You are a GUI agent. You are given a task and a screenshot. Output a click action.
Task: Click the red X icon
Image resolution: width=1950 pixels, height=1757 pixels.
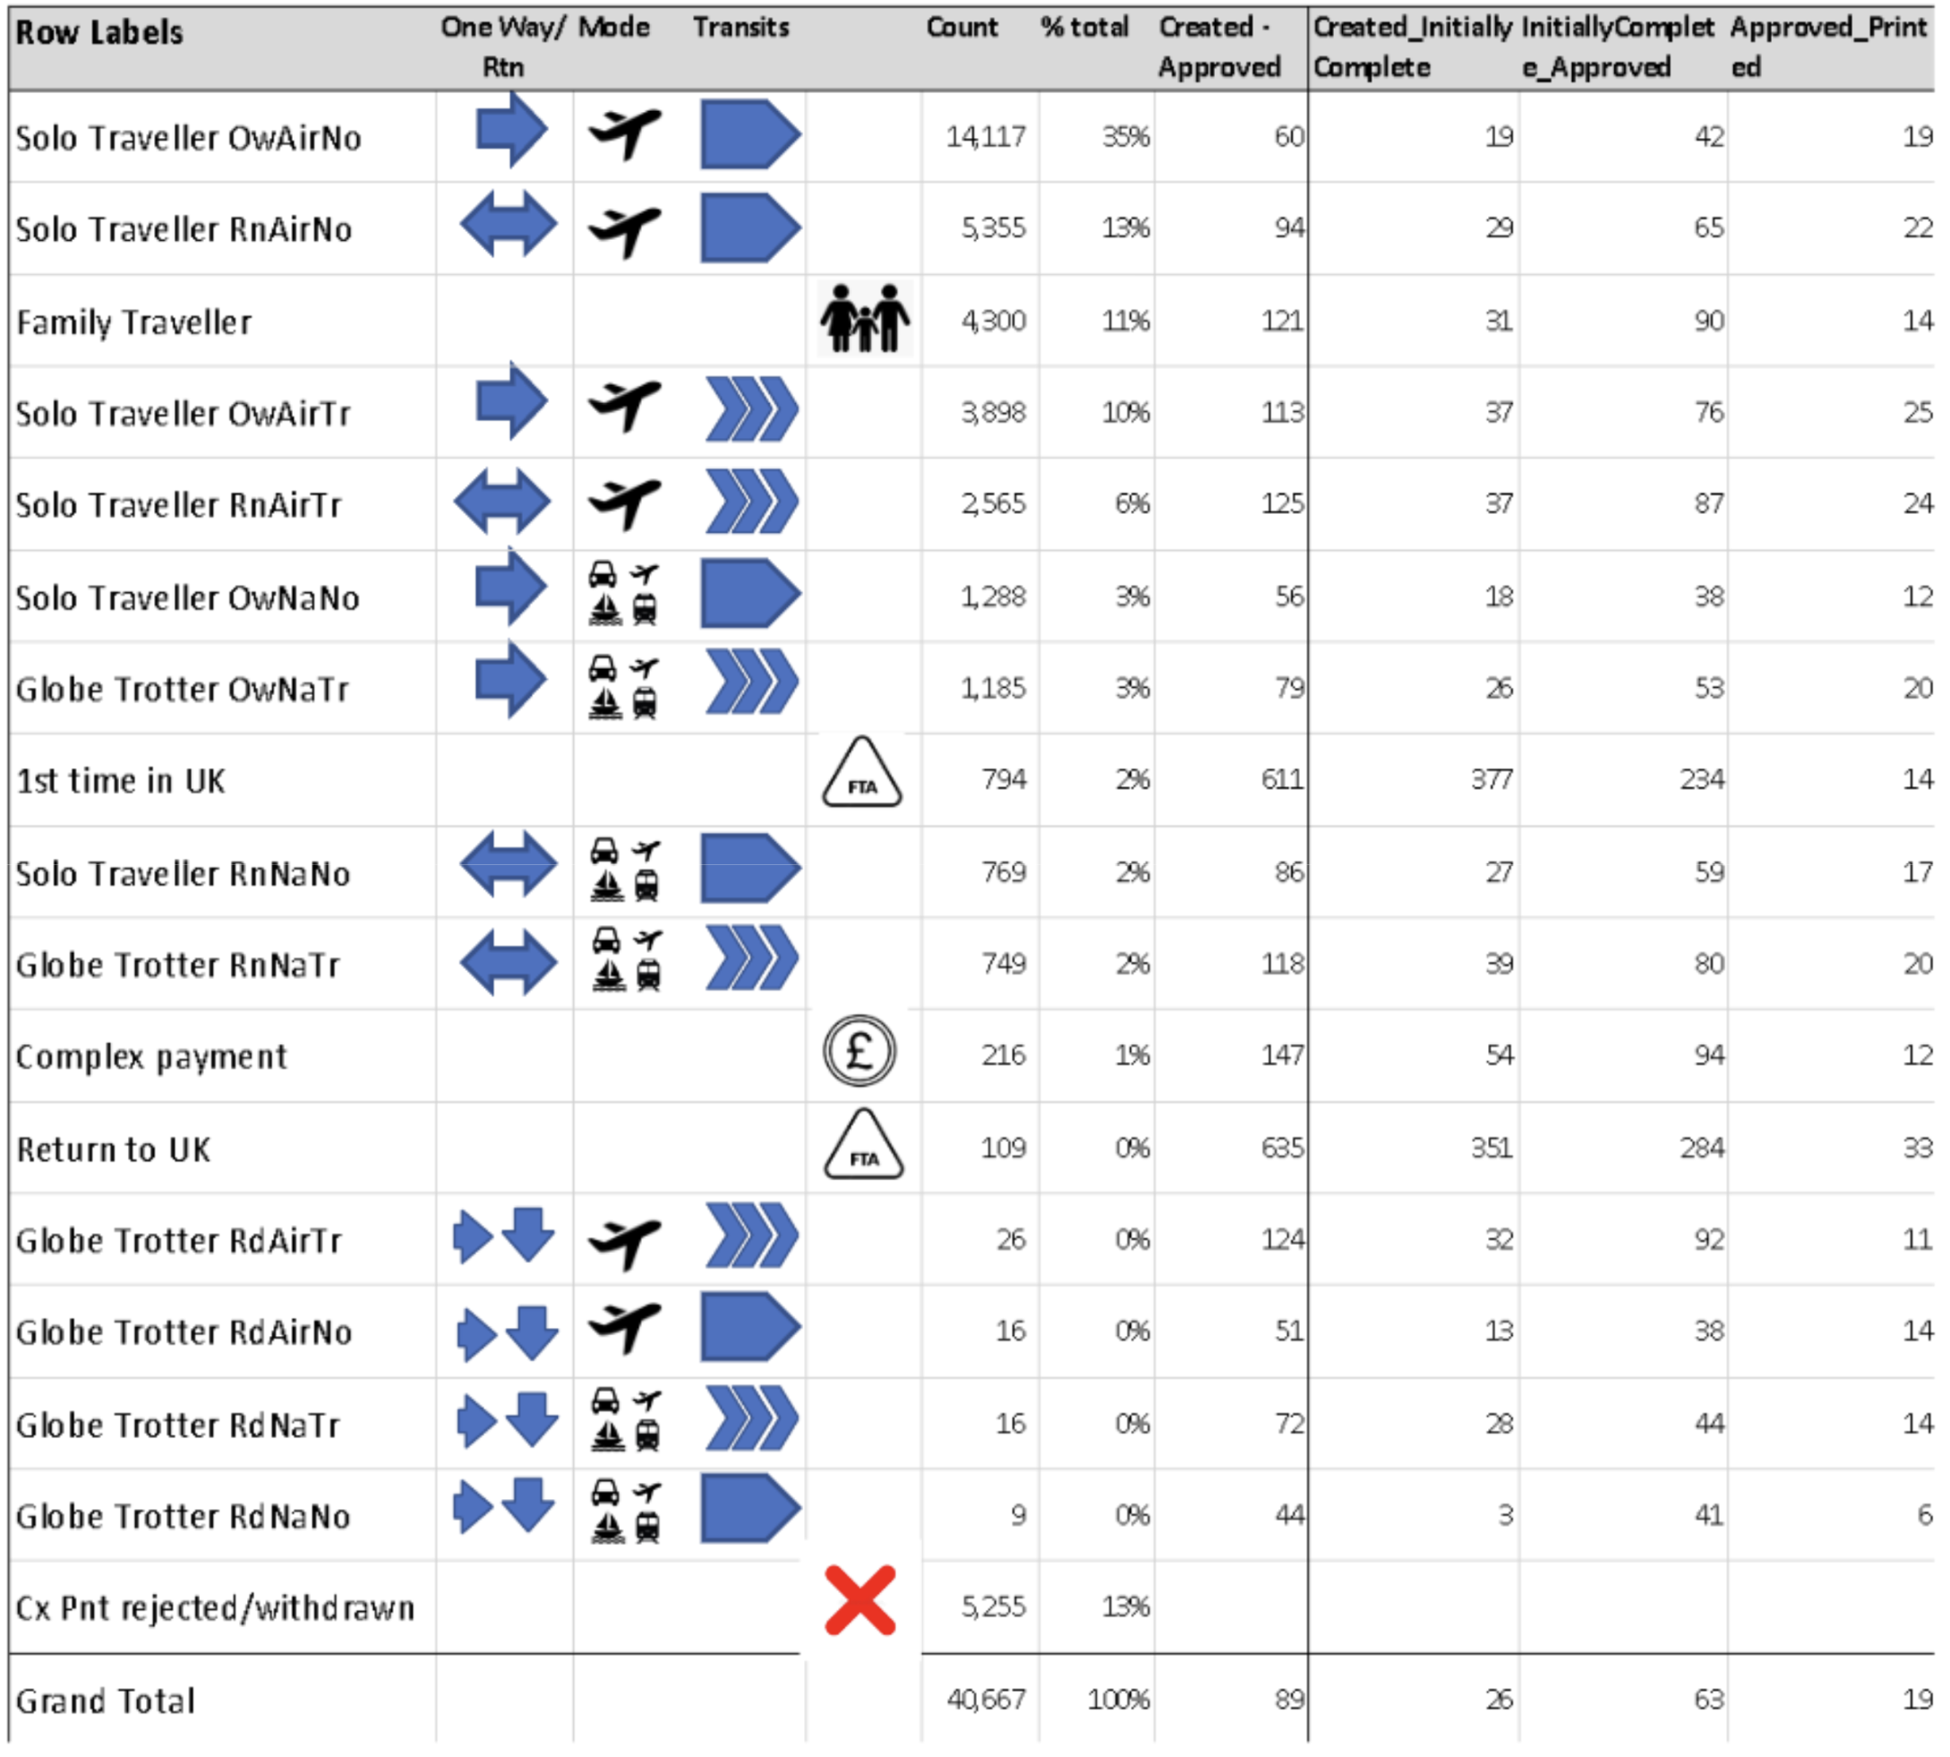860,1601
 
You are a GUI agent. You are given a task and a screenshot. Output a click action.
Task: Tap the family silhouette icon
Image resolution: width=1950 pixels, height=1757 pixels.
864,319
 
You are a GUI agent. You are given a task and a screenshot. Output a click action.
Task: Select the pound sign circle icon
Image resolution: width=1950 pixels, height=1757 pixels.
860,1051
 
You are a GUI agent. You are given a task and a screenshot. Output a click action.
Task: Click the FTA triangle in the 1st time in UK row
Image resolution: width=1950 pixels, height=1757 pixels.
861,776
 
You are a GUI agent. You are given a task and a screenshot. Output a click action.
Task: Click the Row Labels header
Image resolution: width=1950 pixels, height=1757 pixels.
98,33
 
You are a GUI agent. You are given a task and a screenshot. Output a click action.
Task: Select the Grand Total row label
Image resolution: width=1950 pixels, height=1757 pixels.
106,1700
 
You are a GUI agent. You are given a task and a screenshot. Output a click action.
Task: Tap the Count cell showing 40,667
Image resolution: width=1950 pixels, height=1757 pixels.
986,1699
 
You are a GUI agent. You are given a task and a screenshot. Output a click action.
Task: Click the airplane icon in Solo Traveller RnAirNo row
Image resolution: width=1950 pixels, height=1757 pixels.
625,230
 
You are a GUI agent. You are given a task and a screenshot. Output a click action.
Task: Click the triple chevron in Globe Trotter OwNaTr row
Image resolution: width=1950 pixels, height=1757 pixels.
751,682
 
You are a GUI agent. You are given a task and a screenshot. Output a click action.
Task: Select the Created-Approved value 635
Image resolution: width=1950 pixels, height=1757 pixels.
1281,1148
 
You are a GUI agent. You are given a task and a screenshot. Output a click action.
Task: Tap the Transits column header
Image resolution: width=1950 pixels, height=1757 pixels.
740,27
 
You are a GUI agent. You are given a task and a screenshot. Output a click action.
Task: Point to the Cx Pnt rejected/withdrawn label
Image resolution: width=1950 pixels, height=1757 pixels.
214,1608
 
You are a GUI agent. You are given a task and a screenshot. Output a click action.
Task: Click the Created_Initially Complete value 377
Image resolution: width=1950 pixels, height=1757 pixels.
1491,779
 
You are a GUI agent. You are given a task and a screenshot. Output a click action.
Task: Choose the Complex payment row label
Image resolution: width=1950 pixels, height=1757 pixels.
150,1056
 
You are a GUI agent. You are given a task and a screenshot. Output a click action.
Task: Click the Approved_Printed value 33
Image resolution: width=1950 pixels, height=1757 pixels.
1916,1148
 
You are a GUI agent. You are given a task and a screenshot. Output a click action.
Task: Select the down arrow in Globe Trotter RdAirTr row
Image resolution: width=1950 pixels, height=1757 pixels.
529,1235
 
